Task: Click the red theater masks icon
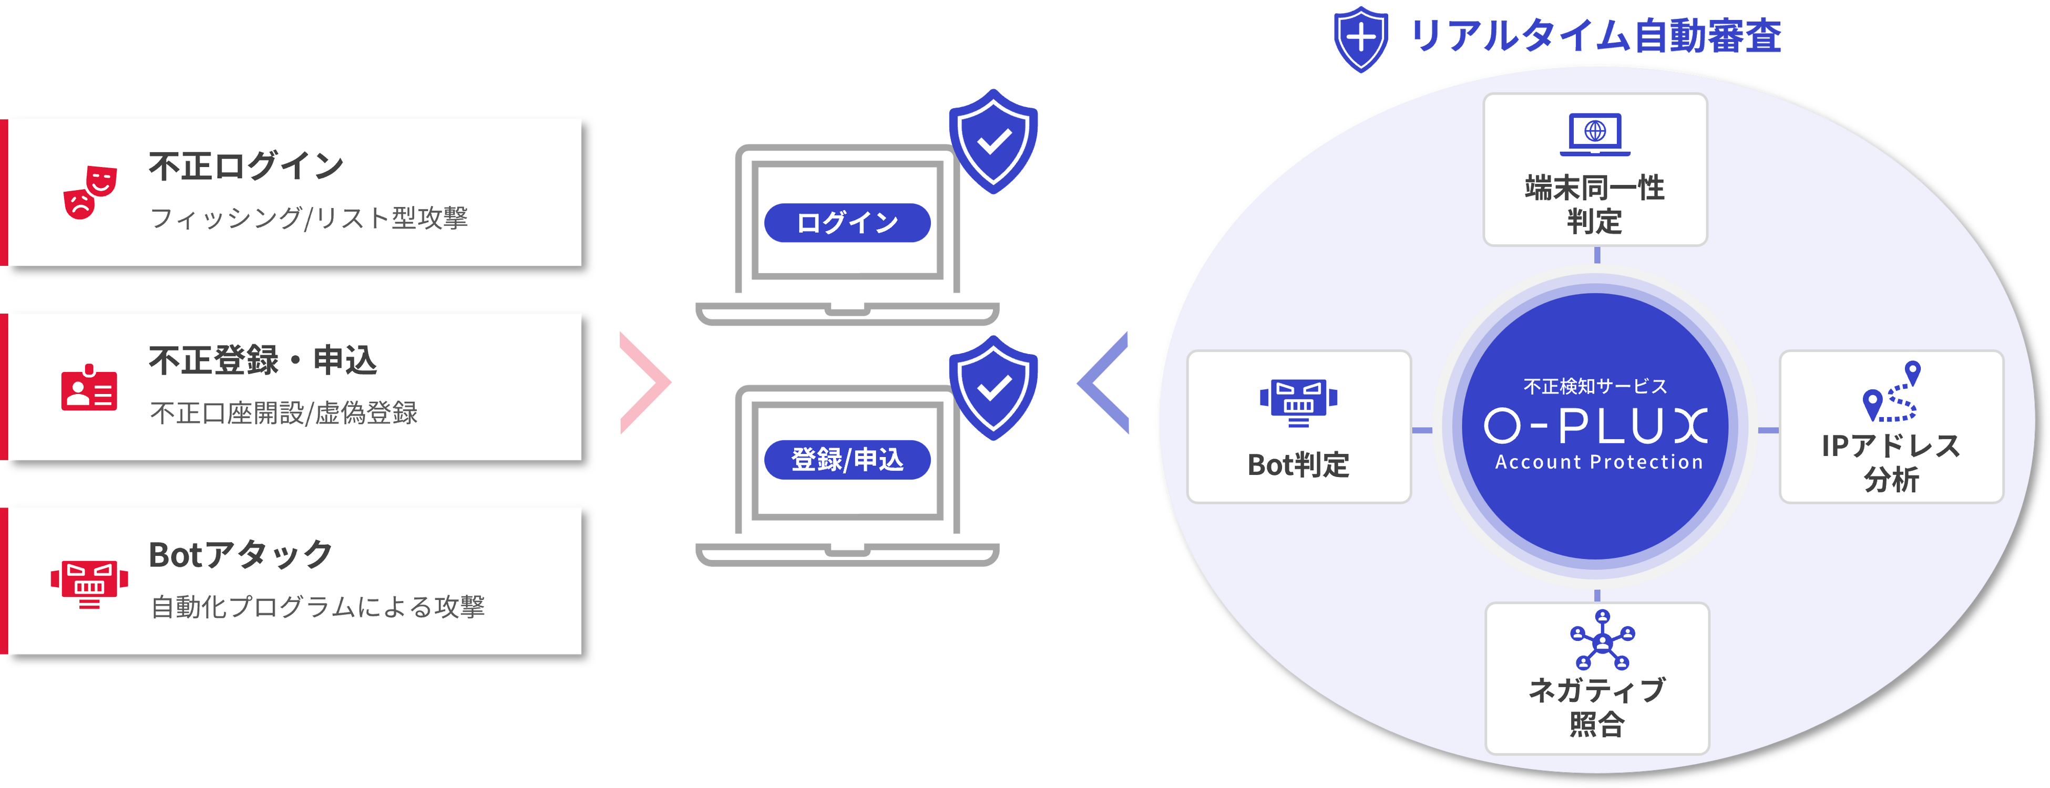coord(90,192)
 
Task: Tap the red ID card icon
coord(89,388)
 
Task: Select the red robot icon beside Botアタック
coord(89,582)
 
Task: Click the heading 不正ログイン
coord(246,166)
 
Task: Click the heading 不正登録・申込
coord(263,360)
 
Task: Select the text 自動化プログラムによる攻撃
coord(317,607)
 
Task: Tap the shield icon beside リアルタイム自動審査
coord(1361,38)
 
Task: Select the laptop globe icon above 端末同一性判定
coord(1595,133)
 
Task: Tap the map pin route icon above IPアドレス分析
coord(1892,392)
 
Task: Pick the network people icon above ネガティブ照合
coord(1602,640)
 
